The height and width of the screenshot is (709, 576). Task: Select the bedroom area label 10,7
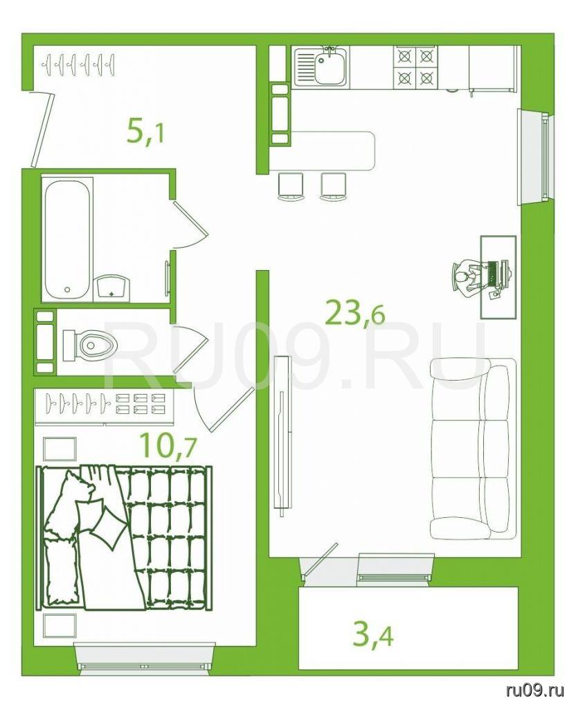pos(168,445)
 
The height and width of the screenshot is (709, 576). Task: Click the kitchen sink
pos(321,67)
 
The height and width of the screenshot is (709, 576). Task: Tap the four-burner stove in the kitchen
pos(415,67)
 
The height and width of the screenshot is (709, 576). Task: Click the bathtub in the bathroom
pos(67,239)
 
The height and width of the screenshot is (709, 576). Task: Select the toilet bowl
pos(90,345)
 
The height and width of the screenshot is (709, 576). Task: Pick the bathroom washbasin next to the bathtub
pos(112,287)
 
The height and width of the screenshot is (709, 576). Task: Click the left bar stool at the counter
pos(290,186)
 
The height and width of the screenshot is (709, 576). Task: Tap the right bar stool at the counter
pos(333,186)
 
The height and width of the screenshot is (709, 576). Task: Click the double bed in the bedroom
pos(125,538)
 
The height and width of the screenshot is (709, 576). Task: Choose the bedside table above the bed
pos(60,449)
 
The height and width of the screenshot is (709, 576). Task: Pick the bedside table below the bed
pos(60,626)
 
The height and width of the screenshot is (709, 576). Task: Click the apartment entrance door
pos(43,128)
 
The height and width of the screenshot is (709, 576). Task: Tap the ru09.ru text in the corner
pos(536,690)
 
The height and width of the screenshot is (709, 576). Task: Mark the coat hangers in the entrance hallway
pos(78,65)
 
